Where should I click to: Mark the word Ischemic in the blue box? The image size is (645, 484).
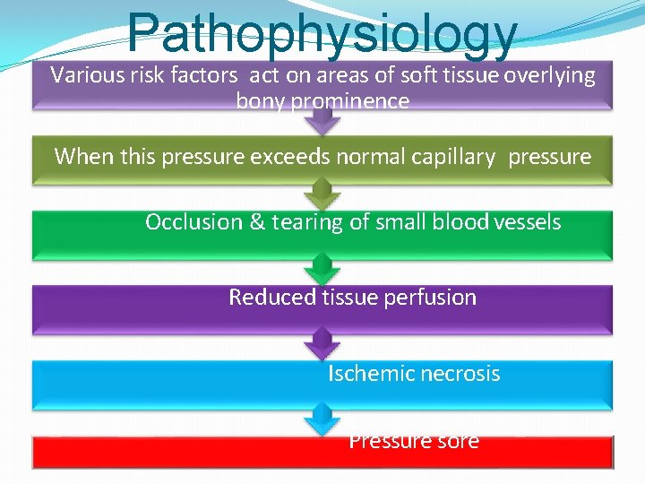click(x=365, y=373)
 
